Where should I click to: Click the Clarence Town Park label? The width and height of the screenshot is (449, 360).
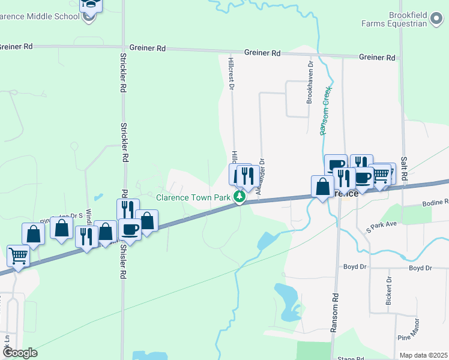(193, 197)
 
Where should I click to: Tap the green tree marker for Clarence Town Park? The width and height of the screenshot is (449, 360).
(240, 197)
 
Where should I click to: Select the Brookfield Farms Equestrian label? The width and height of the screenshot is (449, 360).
(397, 19)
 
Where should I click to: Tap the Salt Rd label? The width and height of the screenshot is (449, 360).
(404, 169)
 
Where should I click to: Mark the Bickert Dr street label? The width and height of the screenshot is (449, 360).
(389, 290)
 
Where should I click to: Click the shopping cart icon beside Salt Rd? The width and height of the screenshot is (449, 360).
(381, 175)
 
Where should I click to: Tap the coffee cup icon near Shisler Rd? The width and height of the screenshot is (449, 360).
(130, 229)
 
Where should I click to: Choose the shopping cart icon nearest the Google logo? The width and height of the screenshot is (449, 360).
(19, 256)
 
